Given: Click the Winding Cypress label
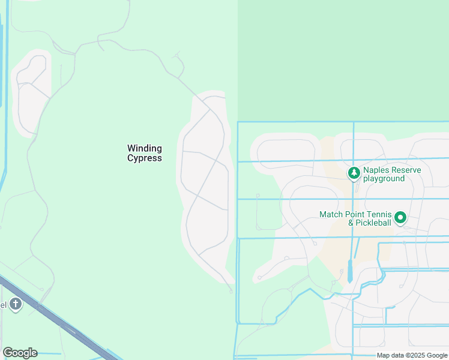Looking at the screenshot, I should coord(145,153).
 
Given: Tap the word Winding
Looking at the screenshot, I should coord(145,148).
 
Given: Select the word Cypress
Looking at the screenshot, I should coord(145,158).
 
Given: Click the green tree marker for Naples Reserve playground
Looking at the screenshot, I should coord(354,173).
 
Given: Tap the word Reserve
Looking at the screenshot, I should coord(407,170).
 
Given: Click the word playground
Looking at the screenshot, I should coord(383,179).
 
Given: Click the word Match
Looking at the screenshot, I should coord(331,214).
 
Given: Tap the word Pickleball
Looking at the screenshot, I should coord(374,223).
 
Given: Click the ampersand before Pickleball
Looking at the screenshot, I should coord(352,223).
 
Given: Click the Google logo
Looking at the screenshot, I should coord(20,353).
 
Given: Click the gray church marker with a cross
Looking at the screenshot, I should coord(16,304).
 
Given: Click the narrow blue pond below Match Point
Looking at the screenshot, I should coord(350,271).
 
